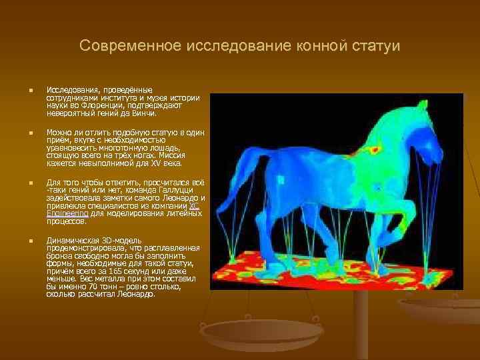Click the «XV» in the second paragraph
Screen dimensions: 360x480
150,163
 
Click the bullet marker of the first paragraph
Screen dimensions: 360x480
23,90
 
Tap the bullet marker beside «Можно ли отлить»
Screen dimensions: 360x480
23,133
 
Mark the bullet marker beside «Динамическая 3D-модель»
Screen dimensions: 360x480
23,241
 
